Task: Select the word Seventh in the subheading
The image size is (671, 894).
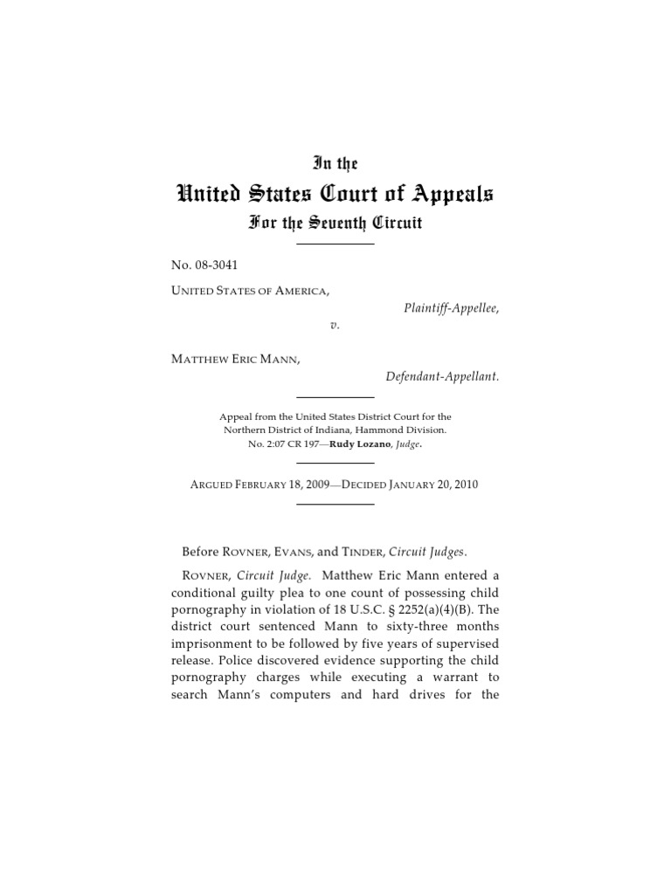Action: coord(336,223)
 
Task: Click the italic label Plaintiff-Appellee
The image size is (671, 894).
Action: coord(451,309)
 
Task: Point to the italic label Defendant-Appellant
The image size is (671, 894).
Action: coord(442,376)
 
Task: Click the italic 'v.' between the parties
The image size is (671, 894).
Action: coord(335,324)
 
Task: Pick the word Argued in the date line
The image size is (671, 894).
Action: coord(217,484)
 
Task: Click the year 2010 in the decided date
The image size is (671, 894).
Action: coord(464,484)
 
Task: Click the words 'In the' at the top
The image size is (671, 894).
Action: coord(335,163)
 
